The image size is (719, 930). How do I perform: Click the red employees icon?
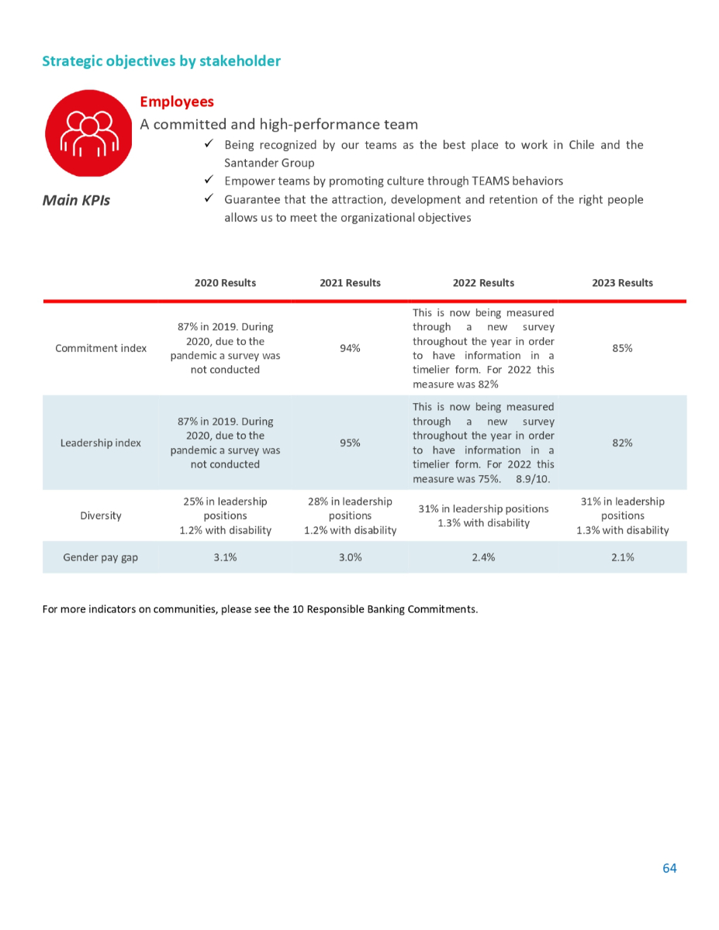pos(88,133)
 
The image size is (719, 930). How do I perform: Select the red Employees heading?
pos(177,102)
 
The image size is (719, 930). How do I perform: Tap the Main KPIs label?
pos(76,200)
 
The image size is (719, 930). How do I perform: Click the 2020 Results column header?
pos(225,283)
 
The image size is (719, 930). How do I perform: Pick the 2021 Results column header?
pos(350,283)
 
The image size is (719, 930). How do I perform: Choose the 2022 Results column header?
pos(483,283)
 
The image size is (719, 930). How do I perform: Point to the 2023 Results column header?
pos(622,283)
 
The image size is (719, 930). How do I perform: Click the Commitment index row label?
pos(101,348)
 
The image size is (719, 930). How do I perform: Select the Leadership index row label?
pos(101,443)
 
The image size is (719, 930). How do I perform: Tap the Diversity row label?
pos(101,515)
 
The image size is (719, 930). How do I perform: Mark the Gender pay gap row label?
pos(101,557)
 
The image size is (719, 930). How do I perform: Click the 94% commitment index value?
pos(350,348)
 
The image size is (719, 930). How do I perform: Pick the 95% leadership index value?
pos(350,443)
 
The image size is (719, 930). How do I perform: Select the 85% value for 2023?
pos(622,348)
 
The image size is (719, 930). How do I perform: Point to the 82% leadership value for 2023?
pos(622,443)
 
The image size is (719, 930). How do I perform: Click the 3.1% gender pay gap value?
pos(225,557)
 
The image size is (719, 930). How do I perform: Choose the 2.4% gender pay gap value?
pos(483,557)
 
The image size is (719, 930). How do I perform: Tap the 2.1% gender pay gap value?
pos(622,557)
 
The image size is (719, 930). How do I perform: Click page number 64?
pos(669,868)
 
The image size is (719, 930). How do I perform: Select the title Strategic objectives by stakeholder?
pos(161,60)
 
